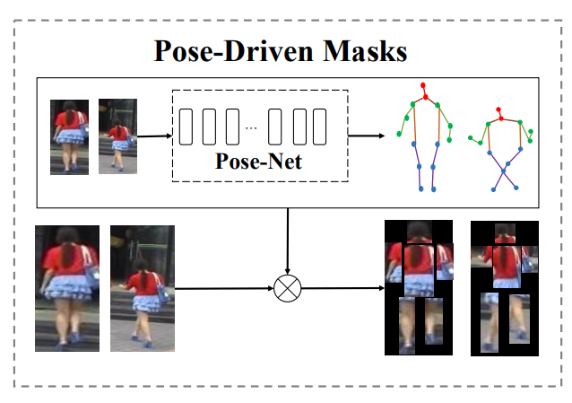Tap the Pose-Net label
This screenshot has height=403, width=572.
(x=258, y=162)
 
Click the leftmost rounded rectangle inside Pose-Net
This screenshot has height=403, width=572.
(x=186, y=127)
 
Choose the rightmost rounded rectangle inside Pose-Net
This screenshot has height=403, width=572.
(x=319, y=127)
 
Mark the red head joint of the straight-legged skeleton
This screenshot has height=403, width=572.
(x=424, y=87)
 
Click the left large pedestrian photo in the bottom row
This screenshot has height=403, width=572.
(x=66, y=287)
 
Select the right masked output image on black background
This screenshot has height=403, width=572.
(x=503, y=287)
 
